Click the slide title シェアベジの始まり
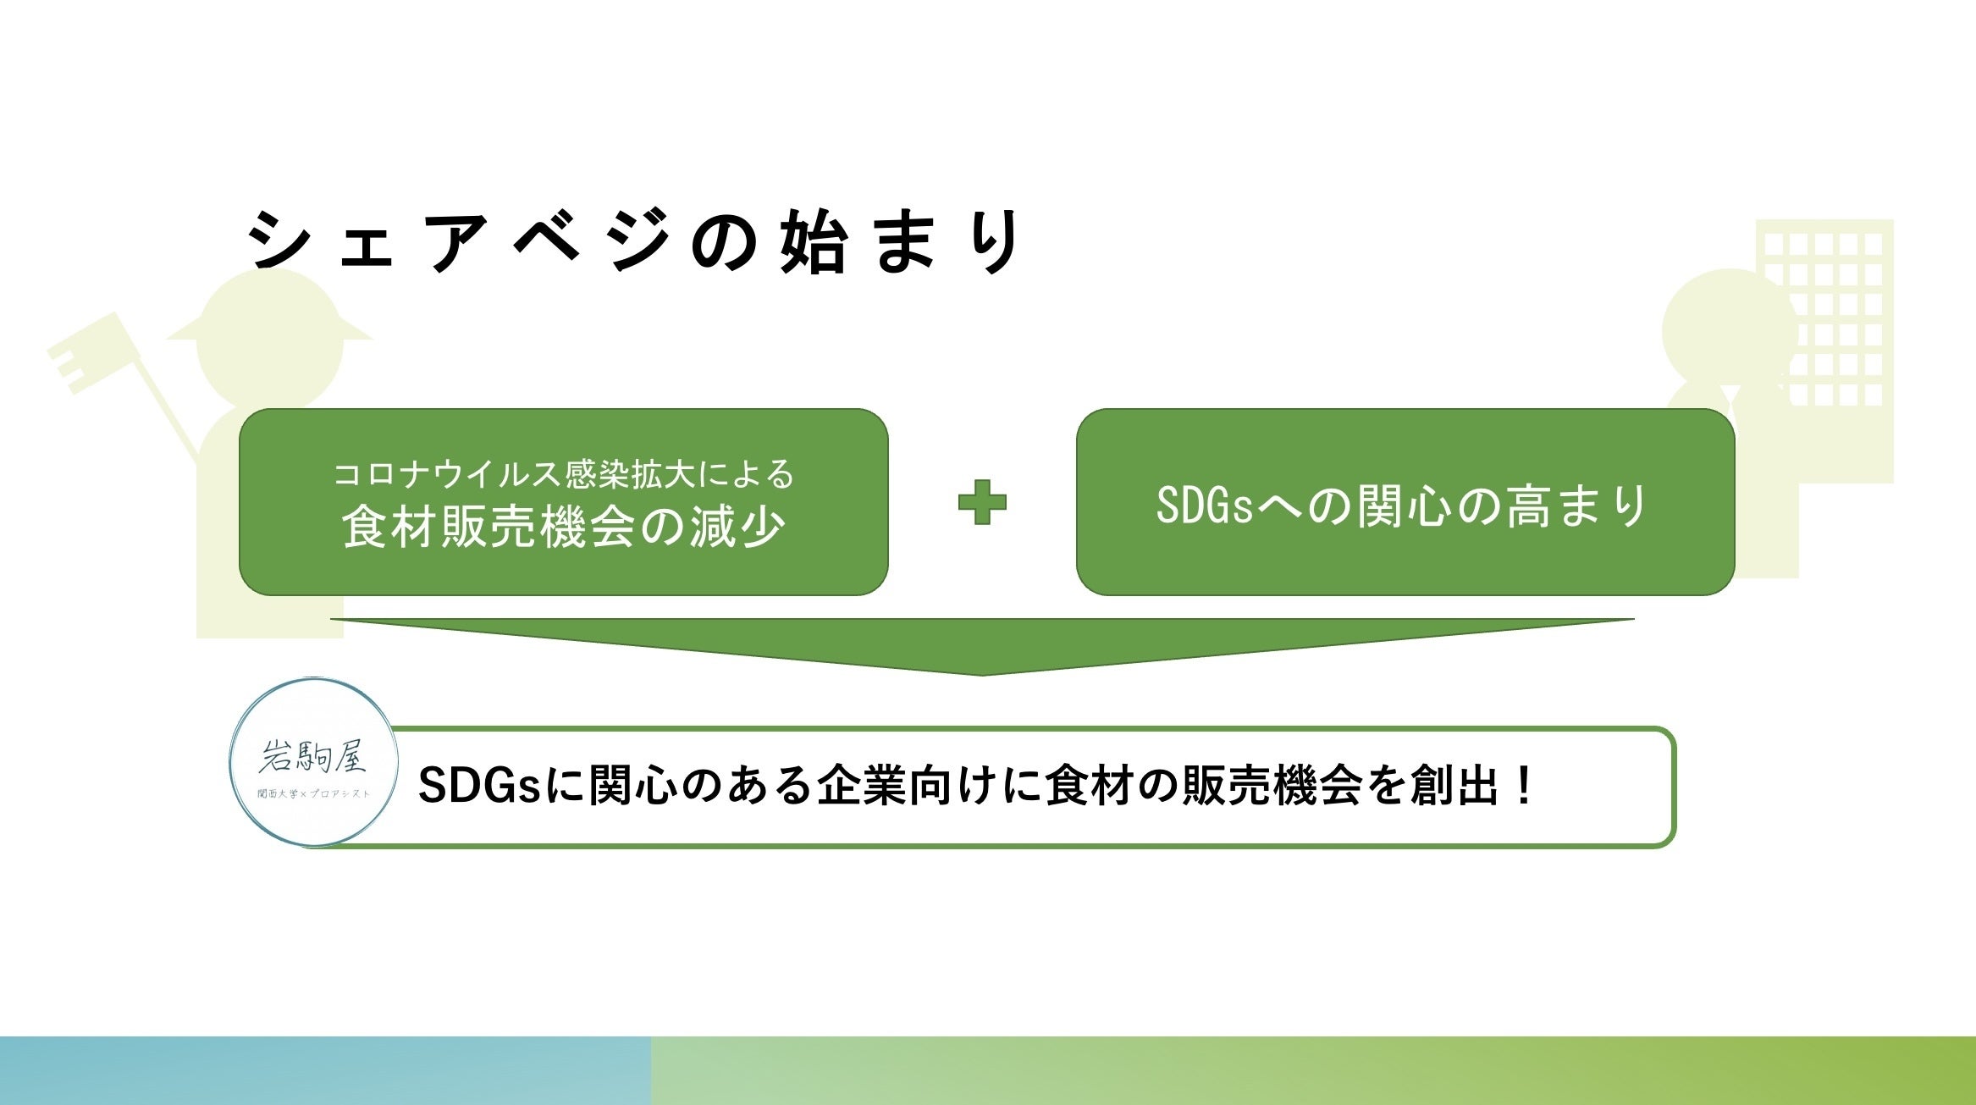635,241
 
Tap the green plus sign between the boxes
982,502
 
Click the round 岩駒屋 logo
314,762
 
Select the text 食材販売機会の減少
564,527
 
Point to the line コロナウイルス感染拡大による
564,474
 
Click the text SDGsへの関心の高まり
1402,506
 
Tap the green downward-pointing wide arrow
982,646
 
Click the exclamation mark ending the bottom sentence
1525,786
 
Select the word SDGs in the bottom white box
479,786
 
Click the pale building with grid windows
1824,351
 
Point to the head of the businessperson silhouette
1729,330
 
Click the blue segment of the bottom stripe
326,1070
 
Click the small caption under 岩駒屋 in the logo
314,793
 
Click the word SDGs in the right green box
1204,506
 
